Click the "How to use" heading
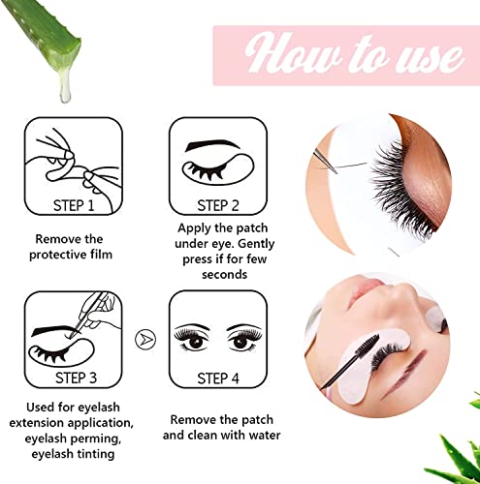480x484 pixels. [x=344, y=53]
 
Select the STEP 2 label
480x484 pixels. [x=219, y=205]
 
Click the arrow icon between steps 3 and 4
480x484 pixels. [x=144, y=339]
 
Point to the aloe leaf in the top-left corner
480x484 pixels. [x=39, y=34]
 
